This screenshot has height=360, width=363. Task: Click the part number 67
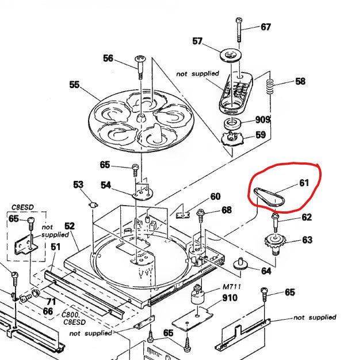pyautogui.click(x=265, y=27)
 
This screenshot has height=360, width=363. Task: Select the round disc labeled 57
pyautogui.click(x=232, y=56)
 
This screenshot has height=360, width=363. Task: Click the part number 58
pyautogui.click(x=300, y=81)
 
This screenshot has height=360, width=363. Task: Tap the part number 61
pyautogui.click(x=304, y=183)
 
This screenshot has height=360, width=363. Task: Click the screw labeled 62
pyautogui.click(x=276, y=219)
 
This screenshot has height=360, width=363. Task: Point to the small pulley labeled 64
pyautogui.click(x=238, y=266)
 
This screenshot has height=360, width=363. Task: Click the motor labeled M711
pyautogui.click(x=199, y=298)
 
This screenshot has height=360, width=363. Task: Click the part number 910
pyautogui.click(x=230, y=298)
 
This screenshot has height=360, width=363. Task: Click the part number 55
pyautogui.click(x=74, y=85)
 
